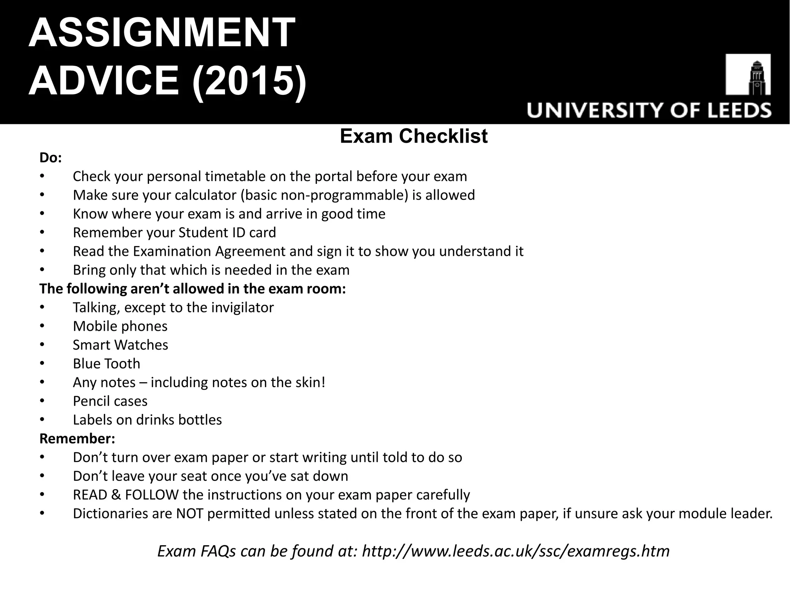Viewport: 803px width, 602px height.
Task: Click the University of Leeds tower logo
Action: tap(748, 74)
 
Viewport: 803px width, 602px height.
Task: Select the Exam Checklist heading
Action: tap(414, 136)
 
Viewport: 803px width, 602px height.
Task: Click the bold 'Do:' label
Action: tap(51, 158)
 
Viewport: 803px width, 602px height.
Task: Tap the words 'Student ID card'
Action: tap(227, 232)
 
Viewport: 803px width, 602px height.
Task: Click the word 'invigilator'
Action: tap(242, 307)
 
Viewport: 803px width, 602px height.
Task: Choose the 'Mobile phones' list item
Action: tap(120, 326)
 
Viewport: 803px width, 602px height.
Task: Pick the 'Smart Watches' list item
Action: tap(120, 345)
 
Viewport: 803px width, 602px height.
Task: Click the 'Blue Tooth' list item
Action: tap(106, 364)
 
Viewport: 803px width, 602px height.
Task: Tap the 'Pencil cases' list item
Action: tap(110, 401)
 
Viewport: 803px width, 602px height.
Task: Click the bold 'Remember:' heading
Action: tap(77, 439)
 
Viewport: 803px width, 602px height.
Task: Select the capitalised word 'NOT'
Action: tap(189, 513)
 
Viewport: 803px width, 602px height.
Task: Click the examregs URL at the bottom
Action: tap(516, 551)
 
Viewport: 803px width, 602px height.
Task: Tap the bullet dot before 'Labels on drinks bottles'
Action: tap(42, 420)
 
